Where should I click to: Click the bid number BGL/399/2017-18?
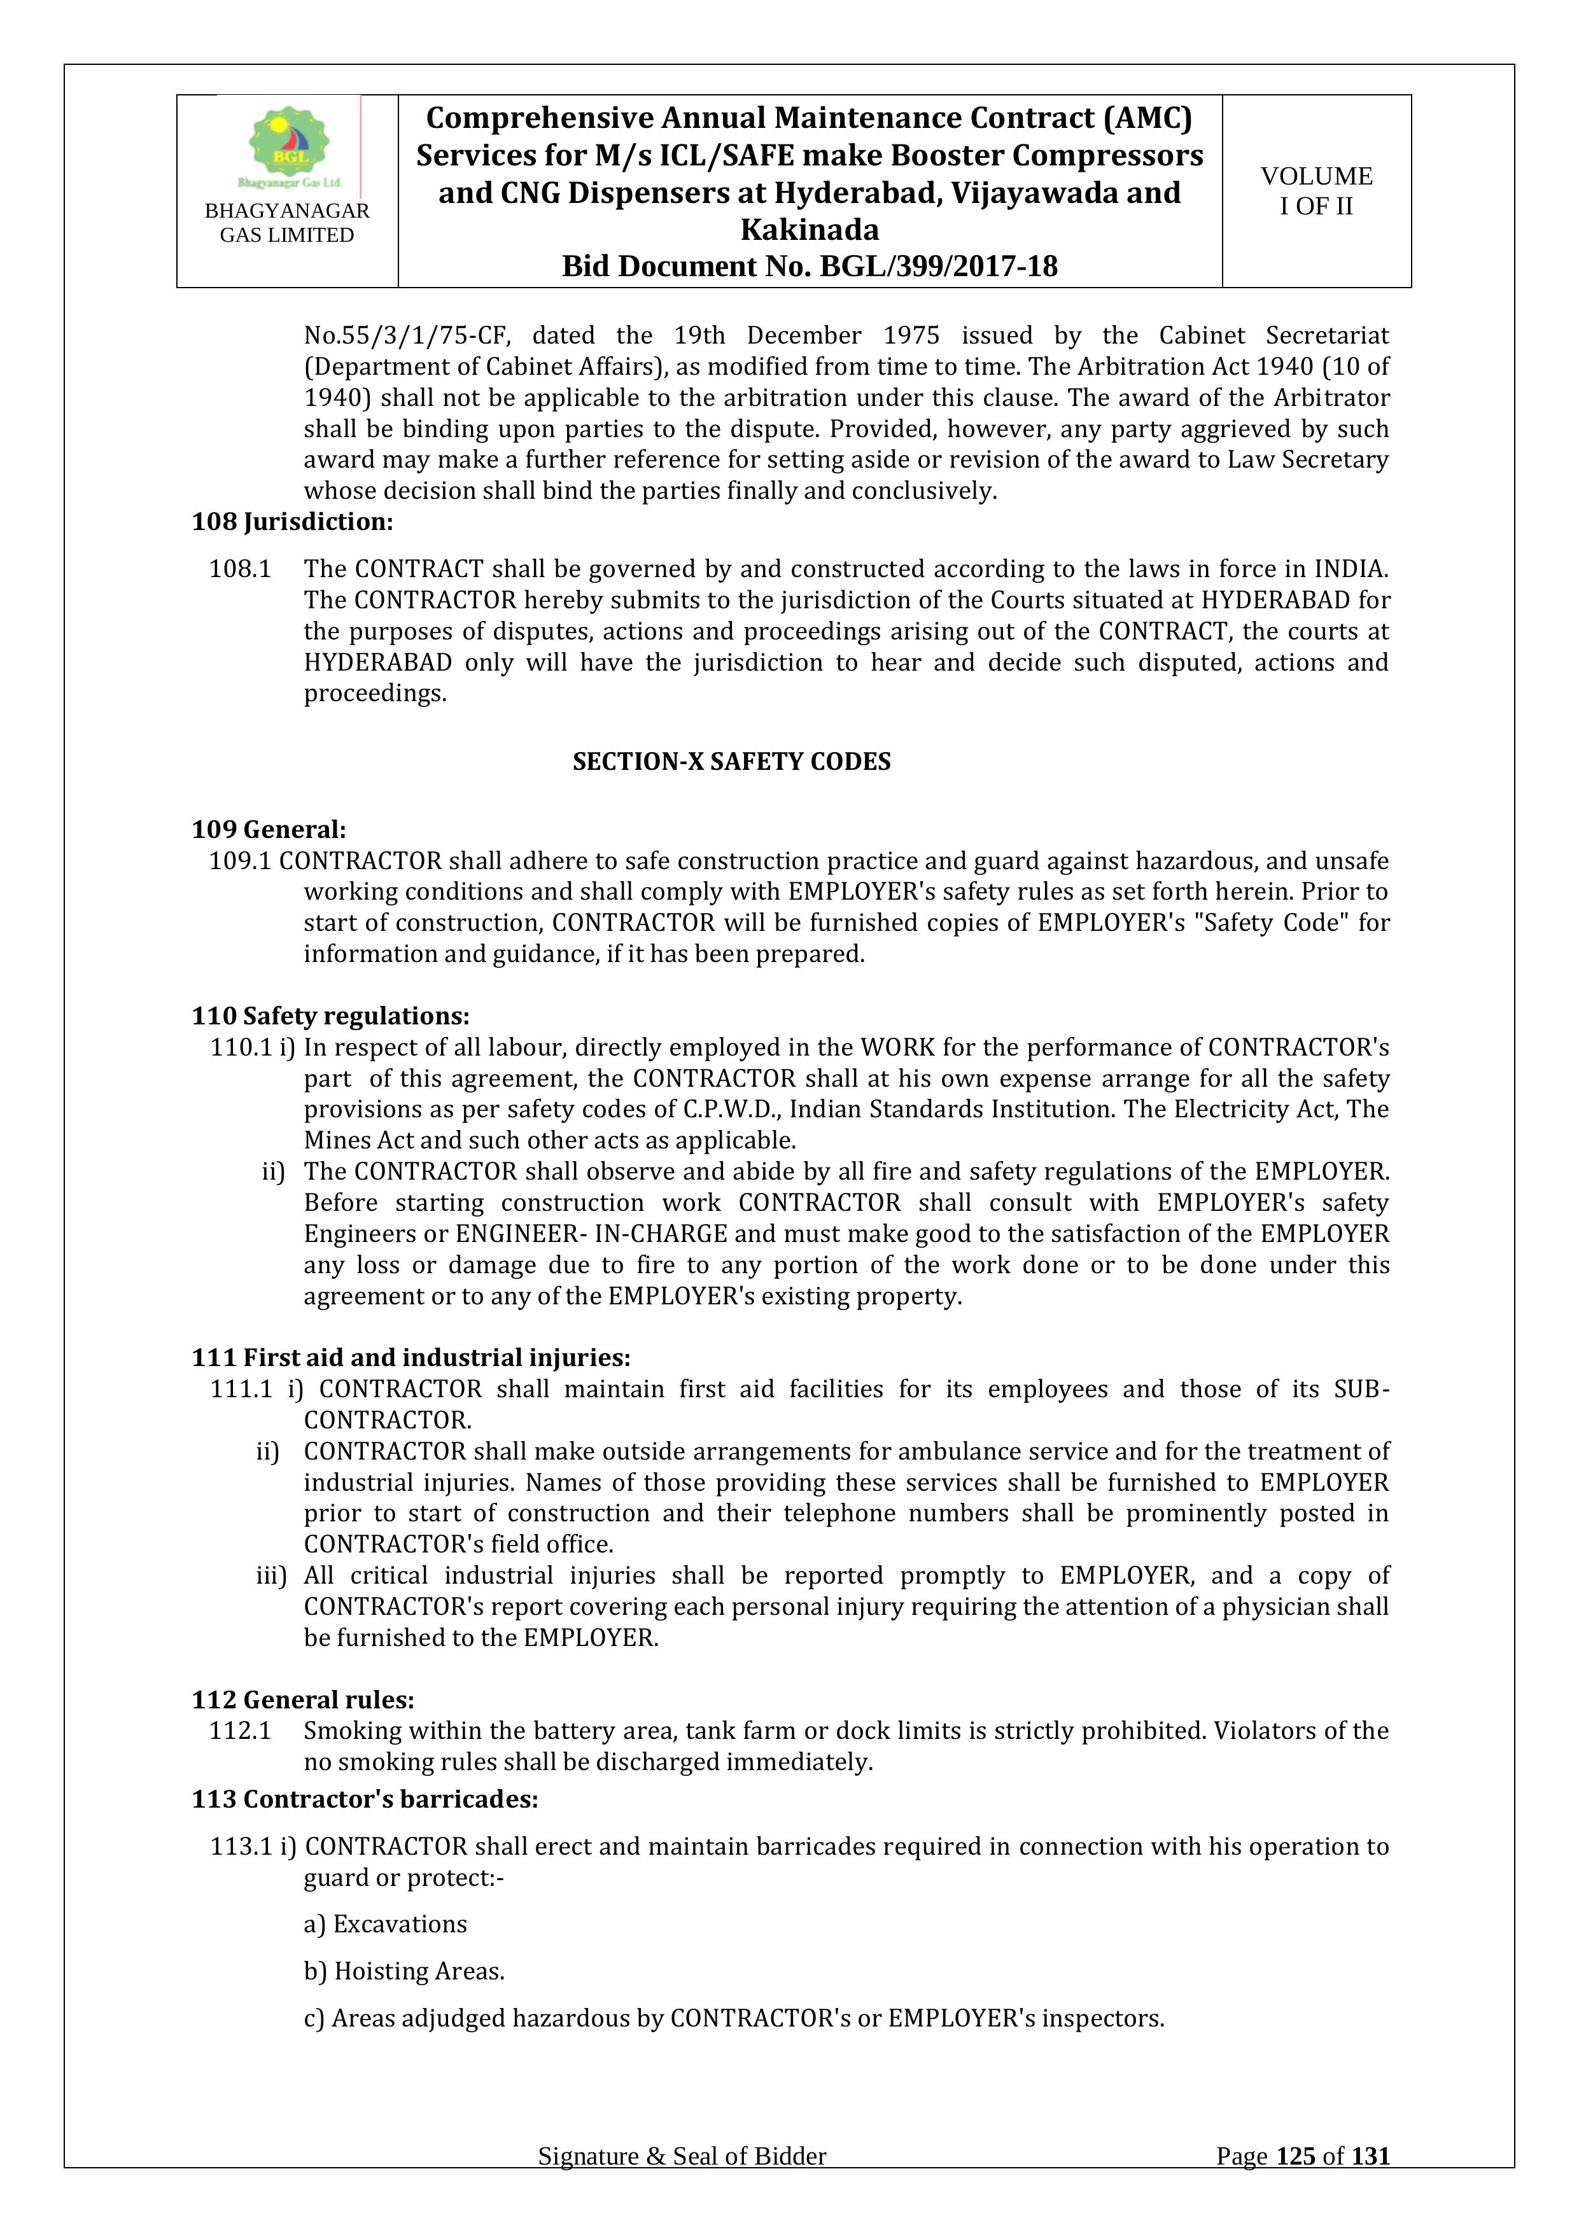pos(938,267)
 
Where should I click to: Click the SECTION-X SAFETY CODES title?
pos(731,761)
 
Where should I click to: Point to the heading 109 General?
pos(269,829)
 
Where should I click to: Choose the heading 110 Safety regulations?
pos(330,1016)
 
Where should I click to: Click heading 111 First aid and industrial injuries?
pos(411,1357)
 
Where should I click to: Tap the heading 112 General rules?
pos(304,1699)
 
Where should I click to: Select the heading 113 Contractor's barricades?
pos(365,1799)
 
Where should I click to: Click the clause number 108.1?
pos(239,569)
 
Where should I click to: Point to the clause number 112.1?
pos(239,1731)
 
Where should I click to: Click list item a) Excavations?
pos(385,1924)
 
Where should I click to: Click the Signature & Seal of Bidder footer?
pos(682,2184)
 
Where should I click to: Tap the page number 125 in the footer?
pos(1295,2184)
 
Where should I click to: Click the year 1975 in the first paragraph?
pos(911,335)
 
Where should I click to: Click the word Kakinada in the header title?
pos(809,230)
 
